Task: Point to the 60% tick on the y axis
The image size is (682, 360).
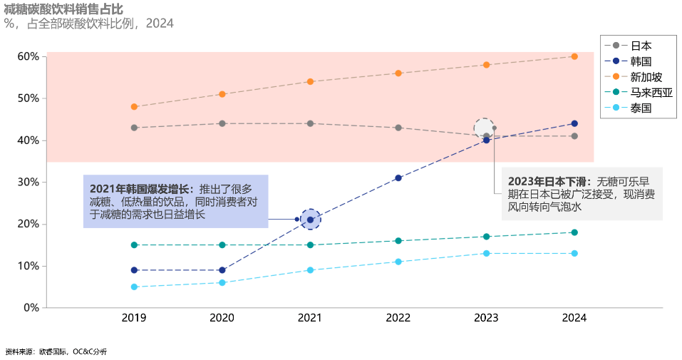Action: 29,56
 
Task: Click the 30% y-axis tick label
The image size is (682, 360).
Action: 29,182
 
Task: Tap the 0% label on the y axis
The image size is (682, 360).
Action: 31,308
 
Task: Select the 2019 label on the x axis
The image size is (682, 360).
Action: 134,318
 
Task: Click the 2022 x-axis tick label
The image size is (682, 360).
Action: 398,318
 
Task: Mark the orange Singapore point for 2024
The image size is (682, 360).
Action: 574,56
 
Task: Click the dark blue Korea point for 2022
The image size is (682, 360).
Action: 398,178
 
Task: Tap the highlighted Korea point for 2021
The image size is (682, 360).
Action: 310,220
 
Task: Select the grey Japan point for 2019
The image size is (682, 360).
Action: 134,128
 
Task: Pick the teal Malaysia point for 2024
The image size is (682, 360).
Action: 574,232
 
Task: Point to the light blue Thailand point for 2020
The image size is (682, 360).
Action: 222,283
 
